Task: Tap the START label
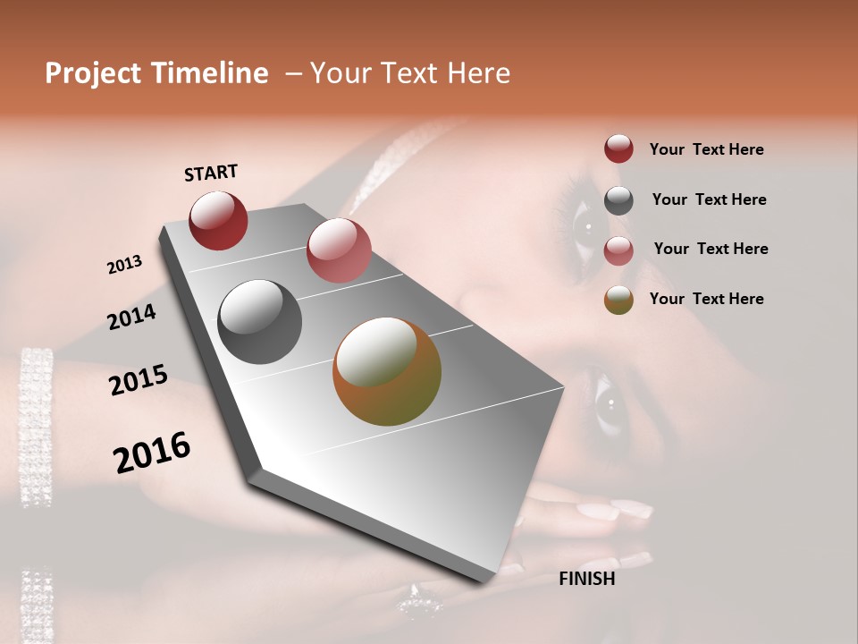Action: click(211, 173)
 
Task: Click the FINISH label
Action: click(586, 579)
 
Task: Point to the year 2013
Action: click(125, 265)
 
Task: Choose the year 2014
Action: click(132, 318)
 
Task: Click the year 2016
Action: click(152, 453)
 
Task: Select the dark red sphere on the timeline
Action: click(218, 220)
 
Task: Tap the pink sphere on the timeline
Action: click(339, 250)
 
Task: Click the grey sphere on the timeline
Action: click(259, 322)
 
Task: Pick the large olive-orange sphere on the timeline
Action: click(387, 371)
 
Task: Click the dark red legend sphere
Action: click(618, 148)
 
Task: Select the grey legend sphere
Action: click(618, 199)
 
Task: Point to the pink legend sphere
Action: click(618, 250)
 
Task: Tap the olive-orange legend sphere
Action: click(618, 299)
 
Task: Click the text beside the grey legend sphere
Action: click(709, 199)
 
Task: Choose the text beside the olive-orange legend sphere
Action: click(706, 299)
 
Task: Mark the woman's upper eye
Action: click(587, 225)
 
